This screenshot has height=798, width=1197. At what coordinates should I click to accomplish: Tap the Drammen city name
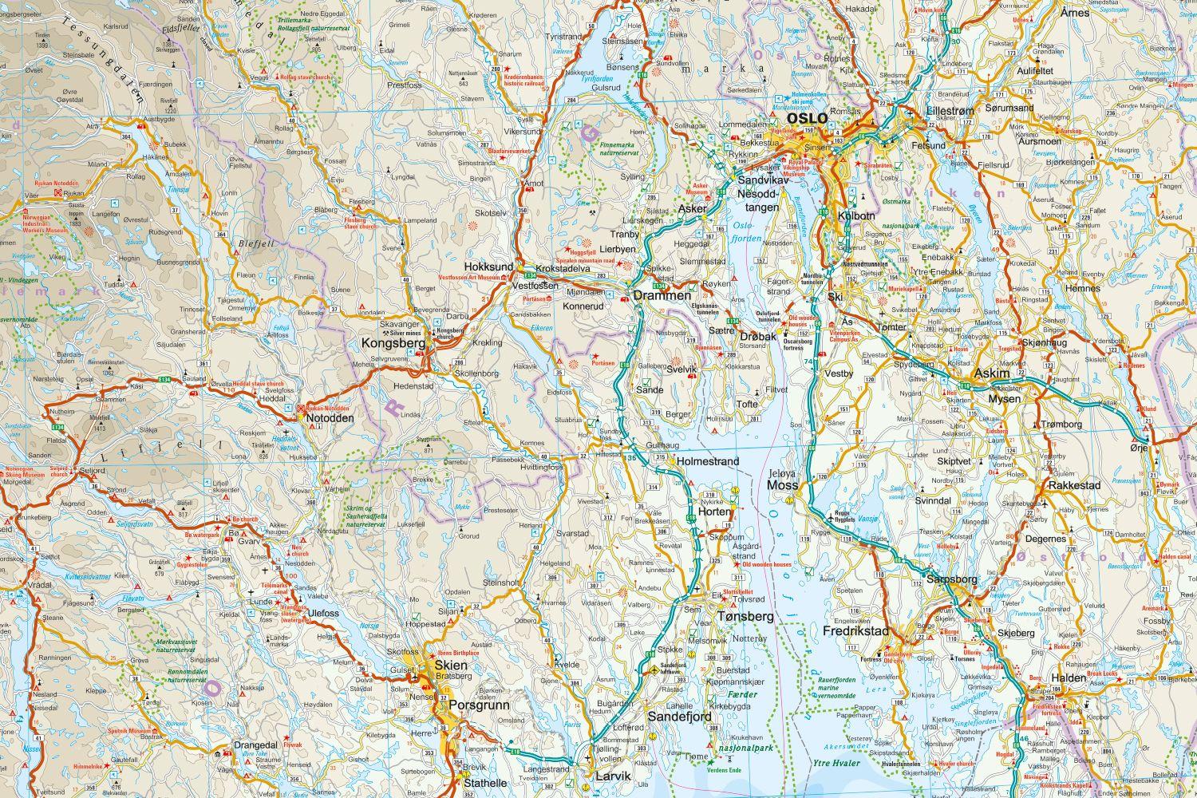(x=662, y=295)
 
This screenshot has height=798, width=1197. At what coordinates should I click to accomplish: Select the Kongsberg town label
(x=392, y=343)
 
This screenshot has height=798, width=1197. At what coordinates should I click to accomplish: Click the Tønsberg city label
(x=745, y=617)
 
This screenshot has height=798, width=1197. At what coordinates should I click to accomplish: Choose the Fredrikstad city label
(x=855, y=631)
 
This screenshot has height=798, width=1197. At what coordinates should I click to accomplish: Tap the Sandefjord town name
(x=679, y=717)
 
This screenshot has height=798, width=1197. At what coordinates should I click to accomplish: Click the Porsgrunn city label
(x=474, y=705)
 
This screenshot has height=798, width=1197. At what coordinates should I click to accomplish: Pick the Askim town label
(x=990, y=373)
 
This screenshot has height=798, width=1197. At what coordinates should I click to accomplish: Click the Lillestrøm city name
(x=949, y=112)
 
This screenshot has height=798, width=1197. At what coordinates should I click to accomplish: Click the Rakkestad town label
(x=1075, y=484)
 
